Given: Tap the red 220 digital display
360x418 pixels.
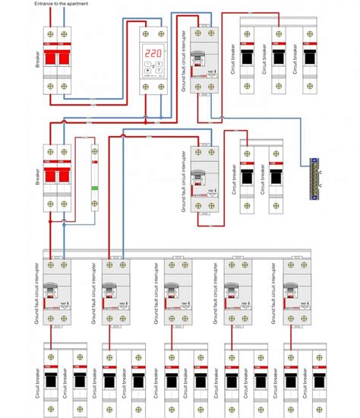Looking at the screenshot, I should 153,54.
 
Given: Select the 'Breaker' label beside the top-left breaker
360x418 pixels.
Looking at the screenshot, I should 36,59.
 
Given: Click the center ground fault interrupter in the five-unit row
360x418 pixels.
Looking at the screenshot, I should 175,293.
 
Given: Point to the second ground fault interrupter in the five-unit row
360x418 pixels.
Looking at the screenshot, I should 115,293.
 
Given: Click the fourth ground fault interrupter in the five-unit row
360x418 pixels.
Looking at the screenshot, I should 235,293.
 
